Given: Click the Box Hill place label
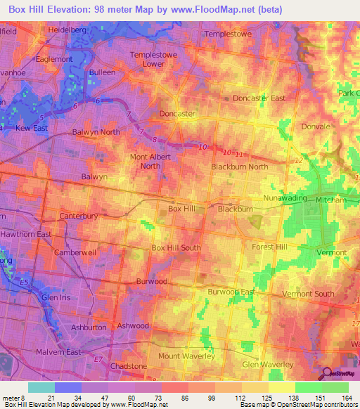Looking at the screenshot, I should (x=181, y=209).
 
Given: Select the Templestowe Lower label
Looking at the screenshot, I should (x=150, y=59).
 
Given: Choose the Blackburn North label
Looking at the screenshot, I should (x=240, y=167).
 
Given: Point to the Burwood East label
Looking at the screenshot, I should (x=231, y=291).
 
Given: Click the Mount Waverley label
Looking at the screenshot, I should (x=186, y=357).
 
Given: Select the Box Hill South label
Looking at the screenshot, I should (x=176, y=247).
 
